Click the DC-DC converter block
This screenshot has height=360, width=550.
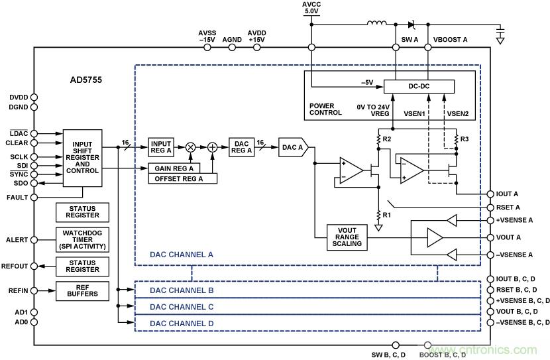pyautogui.click(x=419, y=87)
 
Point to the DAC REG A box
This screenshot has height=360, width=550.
pyautogui.click(x=241, y=147)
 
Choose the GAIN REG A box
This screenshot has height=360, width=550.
pyautogui.click(x=174, y=168)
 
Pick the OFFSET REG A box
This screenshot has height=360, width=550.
pyautogui.click(x=178, y=178)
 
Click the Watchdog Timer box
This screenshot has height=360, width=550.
pyautogui.click(x=82, y=239)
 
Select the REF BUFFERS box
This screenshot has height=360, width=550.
pyautogui.click(x=82, y=290)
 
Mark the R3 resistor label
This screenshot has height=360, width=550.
pyautogui.click(x=465, y=139)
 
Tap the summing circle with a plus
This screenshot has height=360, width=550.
pyautogui.click(x=213, y=147)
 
